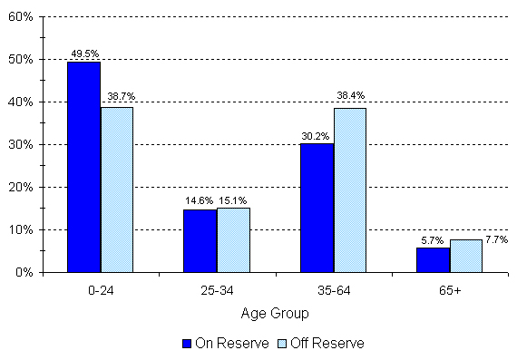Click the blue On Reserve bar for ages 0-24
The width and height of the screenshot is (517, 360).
tap(83, 167)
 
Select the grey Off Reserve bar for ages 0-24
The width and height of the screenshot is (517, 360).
tap(116, 190)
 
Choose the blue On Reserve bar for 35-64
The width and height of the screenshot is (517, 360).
tap(317, 208)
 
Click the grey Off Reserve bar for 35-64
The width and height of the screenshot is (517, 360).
tap(350, 190)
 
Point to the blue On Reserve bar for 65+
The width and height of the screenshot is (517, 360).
tap(434, 259)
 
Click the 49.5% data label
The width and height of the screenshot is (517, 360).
tap(83, 54)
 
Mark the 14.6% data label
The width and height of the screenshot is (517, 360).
tap(199, 201)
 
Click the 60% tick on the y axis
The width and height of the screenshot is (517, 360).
tap(22, 17)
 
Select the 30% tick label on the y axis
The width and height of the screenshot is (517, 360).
tap(22, 144)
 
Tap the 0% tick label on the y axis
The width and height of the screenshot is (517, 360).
tap(24, 272)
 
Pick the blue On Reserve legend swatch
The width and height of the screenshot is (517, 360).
tap(187, 344)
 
